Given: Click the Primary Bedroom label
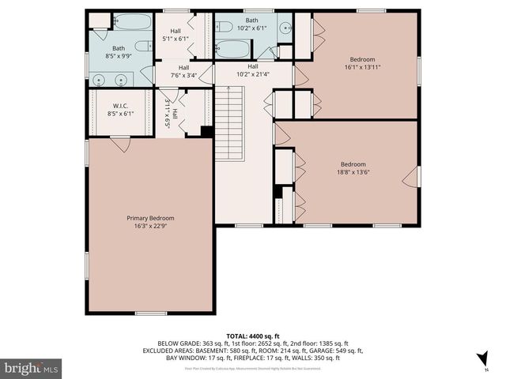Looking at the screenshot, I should click(150, 218).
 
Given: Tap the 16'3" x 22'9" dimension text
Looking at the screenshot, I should click(150, 227).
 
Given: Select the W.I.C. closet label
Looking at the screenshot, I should click(121, 105).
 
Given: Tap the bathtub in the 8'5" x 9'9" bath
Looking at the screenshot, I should click(133, 22).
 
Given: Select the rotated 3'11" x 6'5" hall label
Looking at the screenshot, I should click(171, 113).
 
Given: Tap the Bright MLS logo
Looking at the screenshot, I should click(31, 368).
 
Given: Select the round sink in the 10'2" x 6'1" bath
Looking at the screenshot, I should click(282, 28).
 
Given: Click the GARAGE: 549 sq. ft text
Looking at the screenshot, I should click(337, 351).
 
